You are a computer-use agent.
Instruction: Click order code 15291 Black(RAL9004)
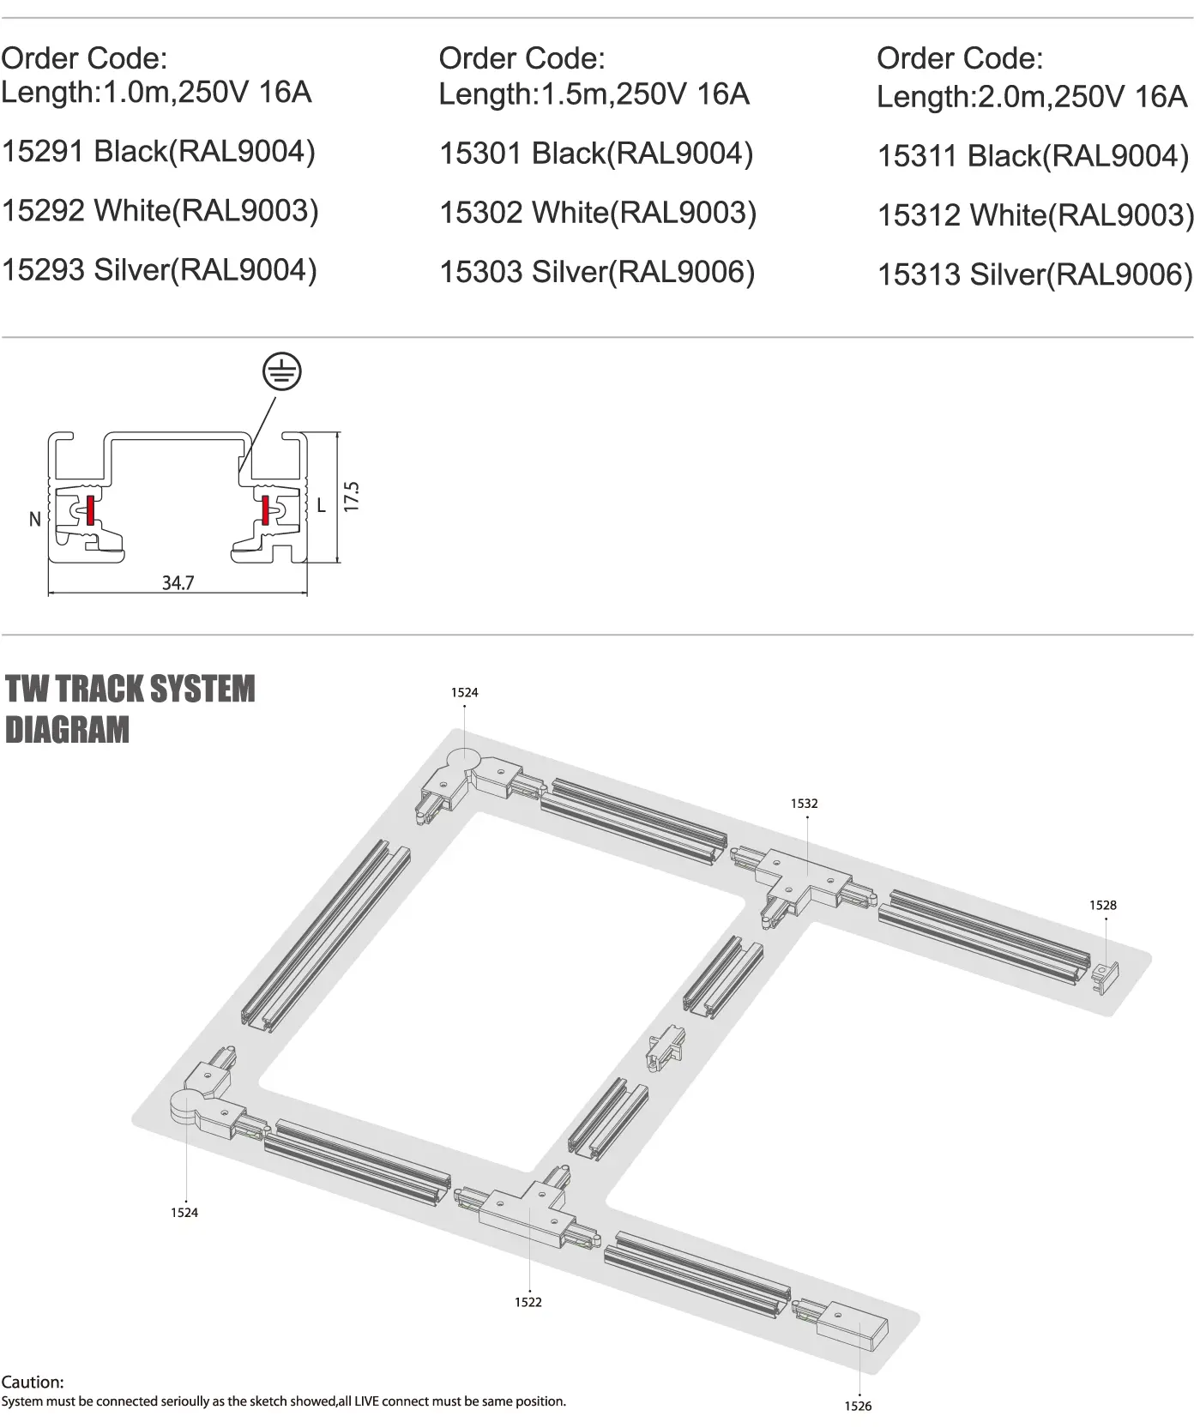pyautogui.click(x=159, y=152)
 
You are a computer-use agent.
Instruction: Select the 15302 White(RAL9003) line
pyautogui.click(x=598, y=213)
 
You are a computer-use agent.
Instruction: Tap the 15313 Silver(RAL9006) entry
pyautogui.click(x=1034, y=275)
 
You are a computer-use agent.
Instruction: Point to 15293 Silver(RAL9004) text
pyautogui.click(x=160, y=270)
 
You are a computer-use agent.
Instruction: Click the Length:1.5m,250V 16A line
pyautogui.click(x=594, y=93)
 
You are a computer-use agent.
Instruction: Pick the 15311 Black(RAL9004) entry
pyautogui.click(x=1033, y=156)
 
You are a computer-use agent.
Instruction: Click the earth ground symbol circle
pyautogui.click(x=282, y=372)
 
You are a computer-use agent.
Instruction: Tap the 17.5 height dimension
pyautogui.click(x=351, y=497)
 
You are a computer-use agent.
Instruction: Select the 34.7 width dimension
pyautogui.click(x=178, y=583)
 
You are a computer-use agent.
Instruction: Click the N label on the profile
pyautogui.click(x=35, y=519)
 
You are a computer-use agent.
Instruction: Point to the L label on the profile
pyautogui.click(x=322, y=505)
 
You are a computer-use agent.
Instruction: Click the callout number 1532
pyautogui.click(x=804, y=804)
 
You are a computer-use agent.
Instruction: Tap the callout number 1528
pyautogui.click(x=1103, y=905)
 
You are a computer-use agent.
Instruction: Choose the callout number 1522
pyautogui.click(x=528, y=1302)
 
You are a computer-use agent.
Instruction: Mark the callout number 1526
pyautogui.click(x=858, y=1406)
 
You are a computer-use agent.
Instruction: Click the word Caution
pyautogui.click(x=33, y=1383)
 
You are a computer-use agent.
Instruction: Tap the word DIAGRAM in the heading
pyautogui.click(x=67, y=730)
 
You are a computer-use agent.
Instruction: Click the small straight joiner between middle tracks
pyautogui.click(x=666, y=1049)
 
